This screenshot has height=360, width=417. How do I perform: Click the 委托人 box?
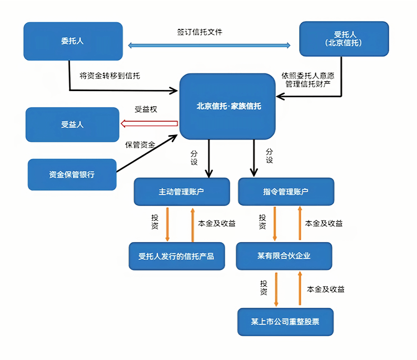tap(73, 41)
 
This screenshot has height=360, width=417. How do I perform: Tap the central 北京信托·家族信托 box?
tap(228, 106)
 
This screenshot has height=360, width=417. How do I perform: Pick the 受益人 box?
tap(72, 124)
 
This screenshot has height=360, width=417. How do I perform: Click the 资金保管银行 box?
tap(72, 174)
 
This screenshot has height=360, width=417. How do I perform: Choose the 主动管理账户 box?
tap(182, 192)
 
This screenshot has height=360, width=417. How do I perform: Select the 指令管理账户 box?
tap(286, 192)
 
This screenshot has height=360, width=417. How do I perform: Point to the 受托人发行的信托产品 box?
tap(176, 256)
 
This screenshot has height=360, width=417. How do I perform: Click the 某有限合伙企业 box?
tap(284, 256)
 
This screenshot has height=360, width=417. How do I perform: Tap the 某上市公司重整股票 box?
tap(285, 321)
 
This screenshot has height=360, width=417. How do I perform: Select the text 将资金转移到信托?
tap(110, 76)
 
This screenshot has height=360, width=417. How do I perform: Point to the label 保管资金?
tap(140, 144)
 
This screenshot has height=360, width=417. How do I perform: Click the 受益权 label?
tap(146, 109)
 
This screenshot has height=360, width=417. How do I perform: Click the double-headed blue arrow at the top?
tap(210, 46)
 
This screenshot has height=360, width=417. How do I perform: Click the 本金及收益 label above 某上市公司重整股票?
tap(325, 289)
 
